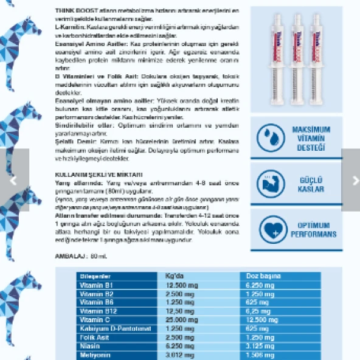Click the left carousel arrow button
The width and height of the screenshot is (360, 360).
14,181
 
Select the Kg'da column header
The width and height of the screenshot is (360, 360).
175,275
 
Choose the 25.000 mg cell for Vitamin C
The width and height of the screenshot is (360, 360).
181,319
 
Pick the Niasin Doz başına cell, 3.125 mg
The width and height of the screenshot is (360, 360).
260,345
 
